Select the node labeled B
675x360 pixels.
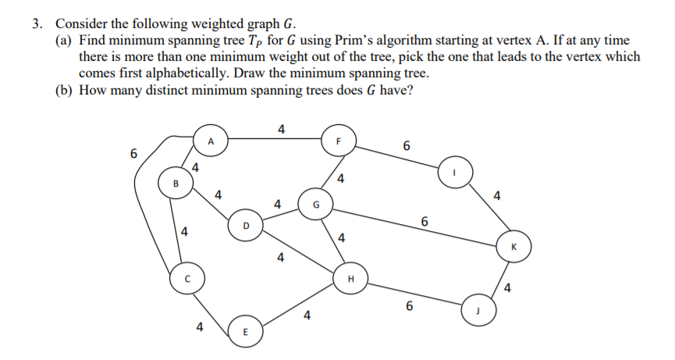point(175,184)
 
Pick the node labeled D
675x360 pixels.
point(246,226)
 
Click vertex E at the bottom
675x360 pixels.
point(245,333)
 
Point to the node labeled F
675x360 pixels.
point(339,141)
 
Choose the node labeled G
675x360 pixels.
point(315,205)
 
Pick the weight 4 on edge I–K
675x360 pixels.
point(498,195)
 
